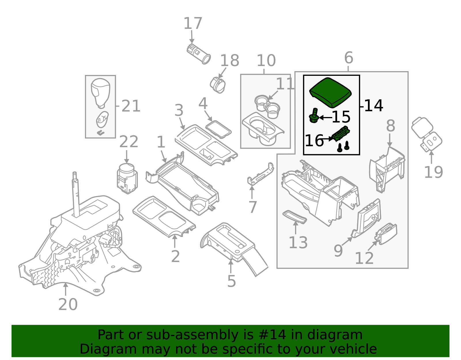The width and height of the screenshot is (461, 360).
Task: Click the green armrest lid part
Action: coord(330,92)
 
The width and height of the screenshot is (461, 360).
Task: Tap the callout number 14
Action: coord(374,106)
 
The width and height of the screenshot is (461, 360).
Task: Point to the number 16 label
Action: coord(314,141)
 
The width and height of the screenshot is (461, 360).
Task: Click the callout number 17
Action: coord(193,24)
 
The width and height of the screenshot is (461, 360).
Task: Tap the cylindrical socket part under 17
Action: coord(199,54)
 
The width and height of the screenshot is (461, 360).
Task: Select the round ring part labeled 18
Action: coord(218,85)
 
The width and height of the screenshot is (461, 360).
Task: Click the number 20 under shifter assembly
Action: coord(68,304)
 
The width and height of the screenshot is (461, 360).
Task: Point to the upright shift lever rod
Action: coord(76,196)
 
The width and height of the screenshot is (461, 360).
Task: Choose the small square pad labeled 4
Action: coord(218,129)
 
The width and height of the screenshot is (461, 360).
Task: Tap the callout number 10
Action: coord(266,61)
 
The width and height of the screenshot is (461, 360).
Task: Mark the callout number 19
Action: coord(433,172)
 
